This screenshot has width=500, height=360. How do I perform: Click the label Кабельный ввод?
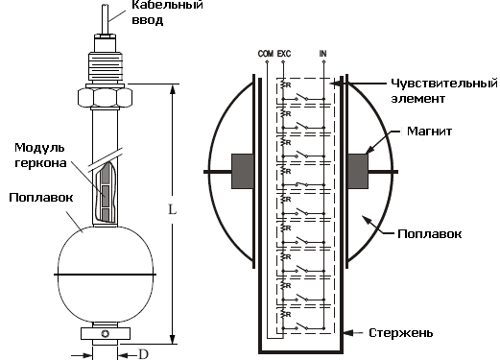coord(167,12)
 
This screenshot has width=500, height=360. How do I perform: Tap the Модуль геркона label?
coord(40,156)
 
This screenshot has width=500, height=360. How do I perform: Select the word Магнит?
coord(429,132)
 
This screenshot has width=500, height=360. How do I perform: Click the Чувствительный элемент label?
coord(444,91)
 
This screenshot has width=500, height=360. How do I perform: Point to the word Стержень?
coord(401,333)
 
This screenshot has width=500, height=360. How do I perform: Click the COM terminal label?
coord(266,54)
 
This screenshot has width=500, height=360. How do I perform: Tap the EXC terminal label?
coord(284,54)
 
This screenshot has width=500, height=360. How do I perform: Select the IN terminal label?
coord(323,54)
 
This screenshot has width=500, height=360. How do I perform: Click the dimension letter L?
coord(173,210)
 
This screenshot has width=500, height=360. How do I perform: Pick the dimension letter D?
coord(143,354)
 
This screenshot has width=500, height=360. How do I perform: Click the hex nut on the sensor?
coord(105,97)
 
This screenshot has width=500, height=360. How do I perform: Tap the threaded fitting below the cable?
coord(106,66)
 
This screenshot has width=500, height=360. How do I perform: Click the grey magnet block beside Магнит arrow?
coord(358,171)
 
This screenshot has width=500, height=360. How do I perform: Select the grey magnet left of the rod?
coord(243,171)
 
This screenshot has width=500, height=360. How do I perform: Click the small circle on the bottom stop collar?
coord(106,334)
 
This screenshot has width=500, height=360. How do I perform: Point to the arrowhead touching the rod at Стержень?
coord(348,333)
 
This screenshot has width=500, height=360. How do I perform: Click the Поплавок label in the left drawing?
coord(41,198)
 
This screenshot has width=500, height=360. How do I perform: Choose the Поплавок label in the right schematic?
coord(429,234)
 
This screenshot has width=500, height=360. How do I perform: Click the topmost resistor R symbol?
coord(284,85)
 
